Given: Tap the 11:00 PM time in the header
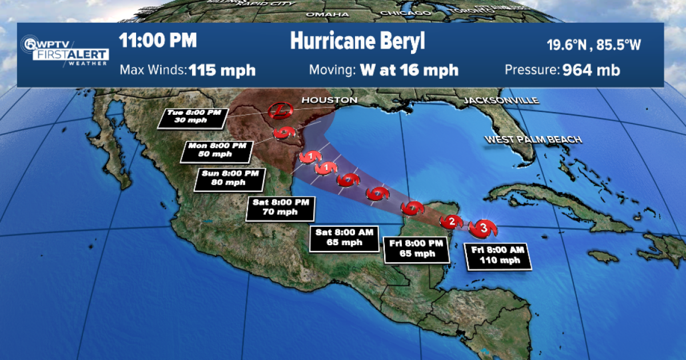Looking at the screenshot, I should click(158, 41).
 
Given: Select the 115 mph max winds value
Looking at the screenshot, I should click(222, 70).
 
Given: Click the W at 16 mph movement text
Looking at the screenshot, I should click(409, 70).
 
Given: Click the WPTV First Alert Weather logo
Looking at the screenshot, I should click(65, 50).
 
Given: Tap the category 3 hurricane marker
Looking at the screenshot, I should click(483, 229).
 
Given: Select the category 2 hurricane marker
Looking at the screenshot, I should click(451, 221).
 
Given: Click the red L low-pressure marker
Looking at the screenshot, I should click(280, 110).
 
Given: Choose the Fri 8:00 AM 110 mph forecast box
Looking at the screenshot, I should click(497, 255).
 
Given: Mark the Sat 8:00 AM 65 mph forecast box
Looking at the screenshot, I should click(344, 238).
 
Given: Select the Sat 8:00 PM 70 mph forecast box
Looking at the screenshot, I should click(280, 209).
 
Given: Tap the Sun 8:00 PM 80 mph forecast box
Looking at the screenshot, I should click(230, 178).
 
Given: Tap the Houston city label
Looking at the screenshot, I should click(329, 100).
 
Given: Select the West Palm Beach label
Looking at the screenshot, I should click(533, 139).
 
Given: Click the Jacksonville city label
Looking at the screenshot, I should click(501, 101).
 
